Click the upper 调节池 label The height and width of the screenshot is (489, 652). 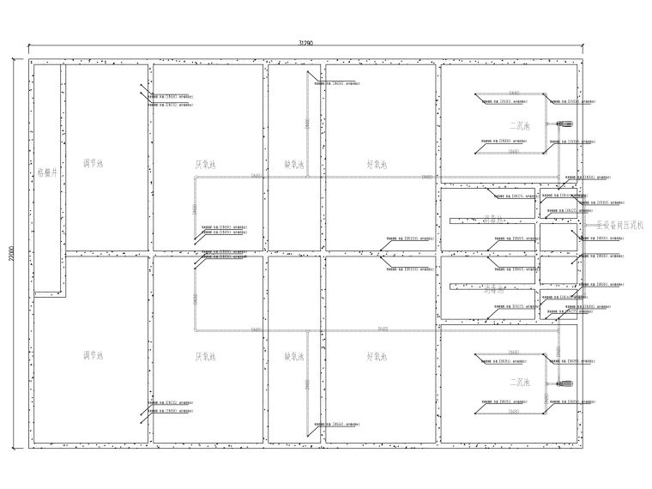click(x=93, y=163)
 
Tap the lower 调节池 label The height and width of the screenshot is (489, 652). click(x=93, y=354)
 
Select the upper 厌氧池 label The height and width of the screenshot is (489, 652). click(x=205, y=163)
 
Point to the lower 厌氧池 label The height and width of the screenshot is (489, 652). click(x=205, y=354)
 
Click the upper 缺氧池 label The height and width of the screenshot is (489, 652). click(x=294, y=163)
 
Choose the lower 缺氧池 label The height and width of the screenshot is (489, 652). click(x=294, y=354)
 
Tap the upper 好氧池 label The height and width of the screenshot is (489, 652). click(x=377, y=163)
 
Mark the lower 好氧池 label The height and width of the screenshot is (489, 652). click(x=377, y=354)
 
